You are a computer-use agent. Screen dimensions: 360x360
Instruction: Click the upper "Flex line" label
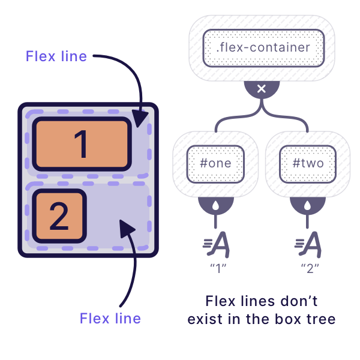56,56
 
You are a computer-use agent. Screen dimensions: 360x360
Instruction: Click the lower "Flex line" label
110,318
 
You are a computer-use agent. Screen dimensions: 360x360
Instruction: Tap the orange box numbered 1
82,144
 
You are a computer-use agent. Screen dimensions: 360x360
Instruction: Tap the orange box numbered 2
59,217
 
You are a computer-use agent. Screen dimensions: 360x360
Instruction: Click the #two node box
307,163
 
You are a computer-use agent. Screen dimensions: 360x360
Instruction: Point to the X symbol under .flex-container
262,89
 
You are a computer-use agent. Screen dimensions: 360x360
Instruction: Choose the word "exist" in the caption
206,319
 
